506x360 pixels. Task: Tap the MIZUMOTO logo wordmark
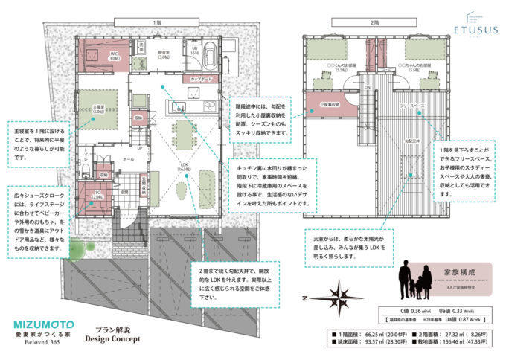point(44,325)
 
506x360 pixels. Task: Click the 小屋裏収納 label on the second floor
point(324,106)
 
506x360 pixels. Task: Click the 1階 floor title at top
point(157,23)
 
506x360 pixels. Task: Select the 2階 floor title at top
point(378,23)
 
